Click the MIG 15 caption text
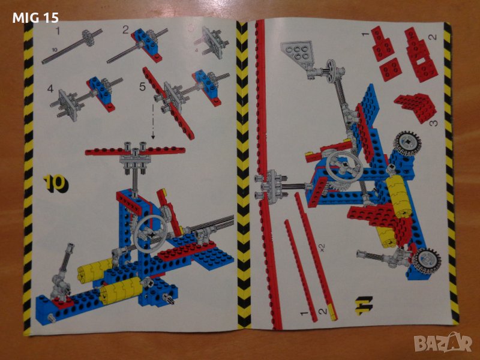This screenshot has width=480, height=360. pos(35,18)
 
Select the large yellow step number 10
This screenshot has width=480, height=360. pos(55,183)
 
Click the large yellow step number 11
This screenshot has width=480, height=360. pos(364,305)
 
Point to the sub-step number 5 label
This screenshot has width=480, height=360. pos(143,86)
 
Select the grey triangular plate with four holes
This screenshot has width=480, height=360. pos(295,50)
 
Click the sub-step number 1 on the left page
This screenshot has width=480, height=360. pos(59,31)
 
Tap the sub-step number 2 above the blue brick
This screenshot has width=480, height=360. pos(125,29)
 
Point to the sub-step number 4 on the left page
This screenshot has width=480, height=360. pos(50,89)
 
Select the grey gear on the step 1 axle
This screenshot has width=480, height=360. pos(88,38)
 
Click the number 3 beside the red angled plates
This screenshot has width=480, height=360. pos(433,124)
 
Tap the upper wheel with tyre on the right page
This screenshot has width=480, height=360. pos(407,142)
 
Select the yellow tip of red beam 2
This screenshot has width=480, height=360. pos(332,312)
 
